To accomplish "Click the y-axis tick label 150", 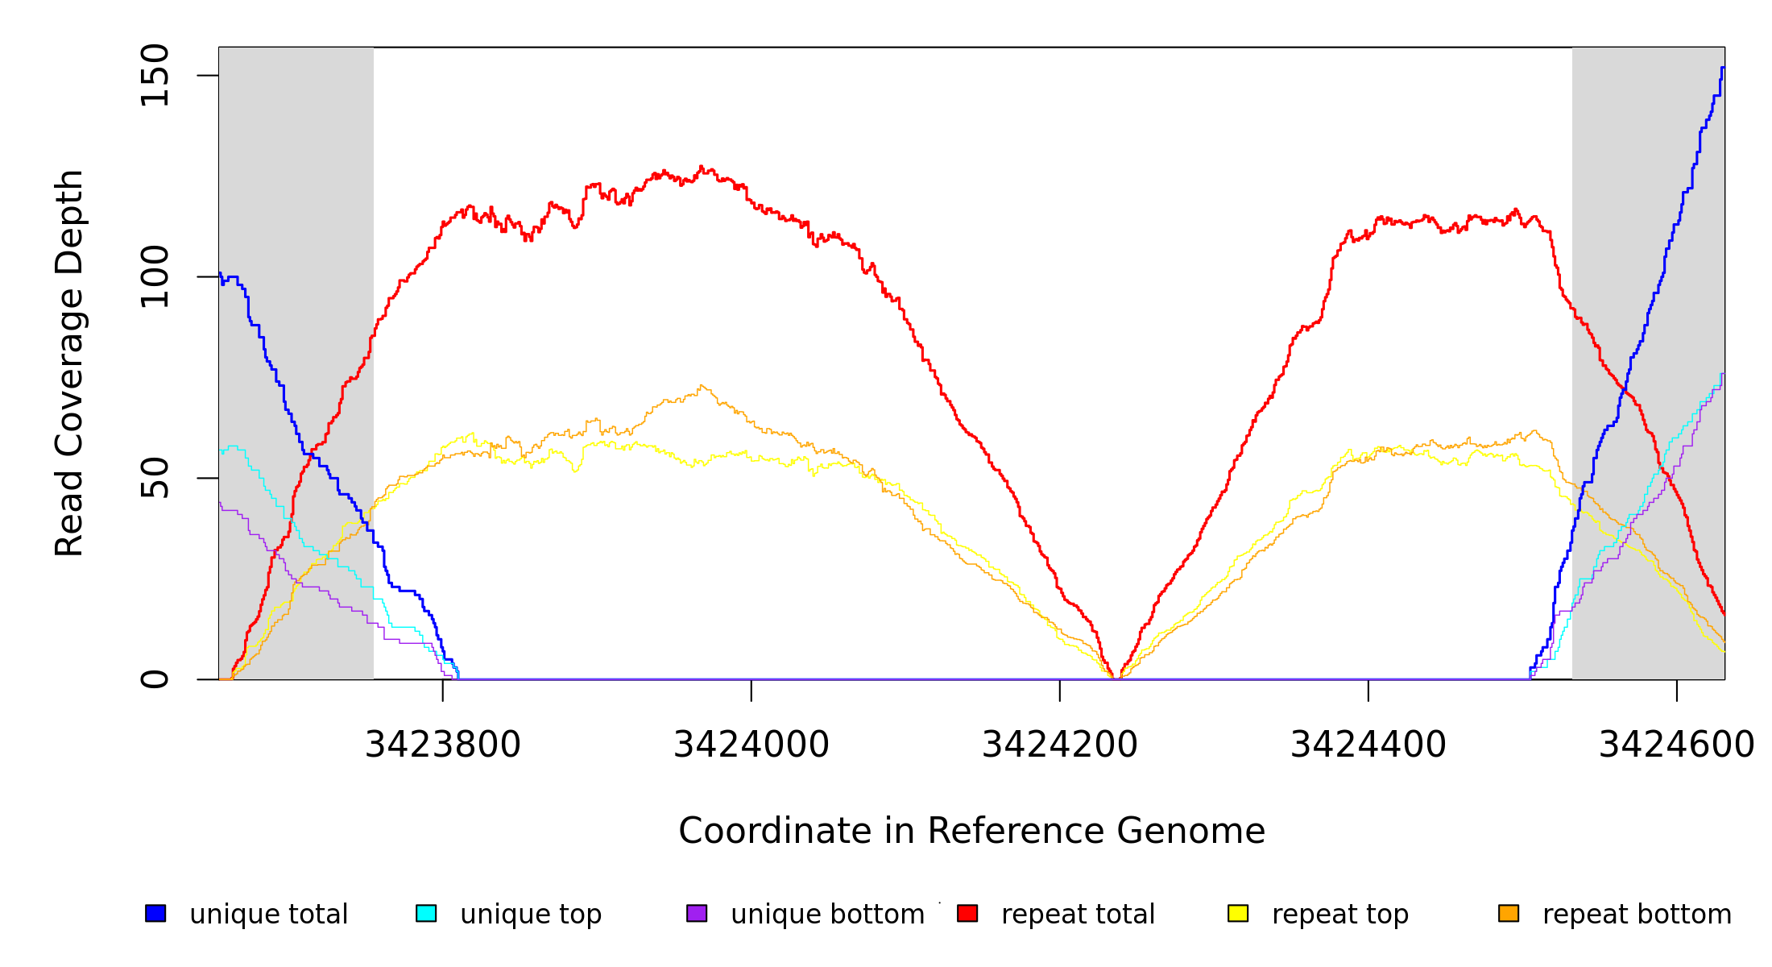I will [154, 76].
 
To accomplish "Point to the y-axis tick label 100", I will [154, 276].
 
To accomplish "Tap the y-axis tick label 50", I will [154, 478].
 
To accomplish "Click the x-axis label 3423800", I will [443, 745].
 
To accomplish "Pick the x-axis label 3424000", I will [751, 745].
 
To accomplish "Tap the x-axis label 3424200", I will [1060, 745].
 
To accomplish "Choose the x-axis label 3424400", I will [1368, 745].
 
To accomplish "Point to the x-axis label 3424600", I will [1676, 745].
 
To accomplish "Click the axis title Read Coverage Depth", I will [69, 363].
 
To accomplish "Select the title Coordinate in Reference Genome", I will [971, 831].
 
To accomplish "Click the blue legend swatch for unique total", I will [155, 913].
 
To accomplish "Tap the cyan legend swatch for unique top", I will [426, 913].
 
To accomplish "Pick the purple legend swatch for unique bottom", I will [697, 913].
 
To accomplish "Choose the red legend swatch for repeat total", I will [967, 913].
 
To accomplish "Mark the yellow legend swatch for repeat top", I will [1238, 913].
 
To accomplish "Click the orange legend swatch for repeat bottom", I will [1509, 913].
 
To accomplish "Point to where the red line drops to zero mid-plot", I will [1117, 679].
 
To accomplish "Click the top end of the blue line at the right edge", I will [1723, 68].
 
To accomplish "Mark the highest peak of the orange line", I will [702, 385].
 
